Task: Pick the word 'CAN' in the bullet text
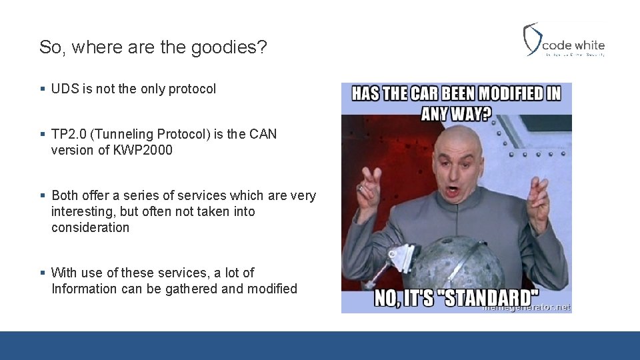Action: click(x=263, y=134)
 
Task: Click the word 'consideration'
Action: click(x=90, y=227)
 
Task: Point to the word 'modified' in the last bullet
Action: click(x=272, y=289)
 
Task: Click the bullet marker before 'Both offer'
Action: click(x=42, y=196)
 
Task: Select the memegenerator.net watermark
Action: click(x=527, y=307)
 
